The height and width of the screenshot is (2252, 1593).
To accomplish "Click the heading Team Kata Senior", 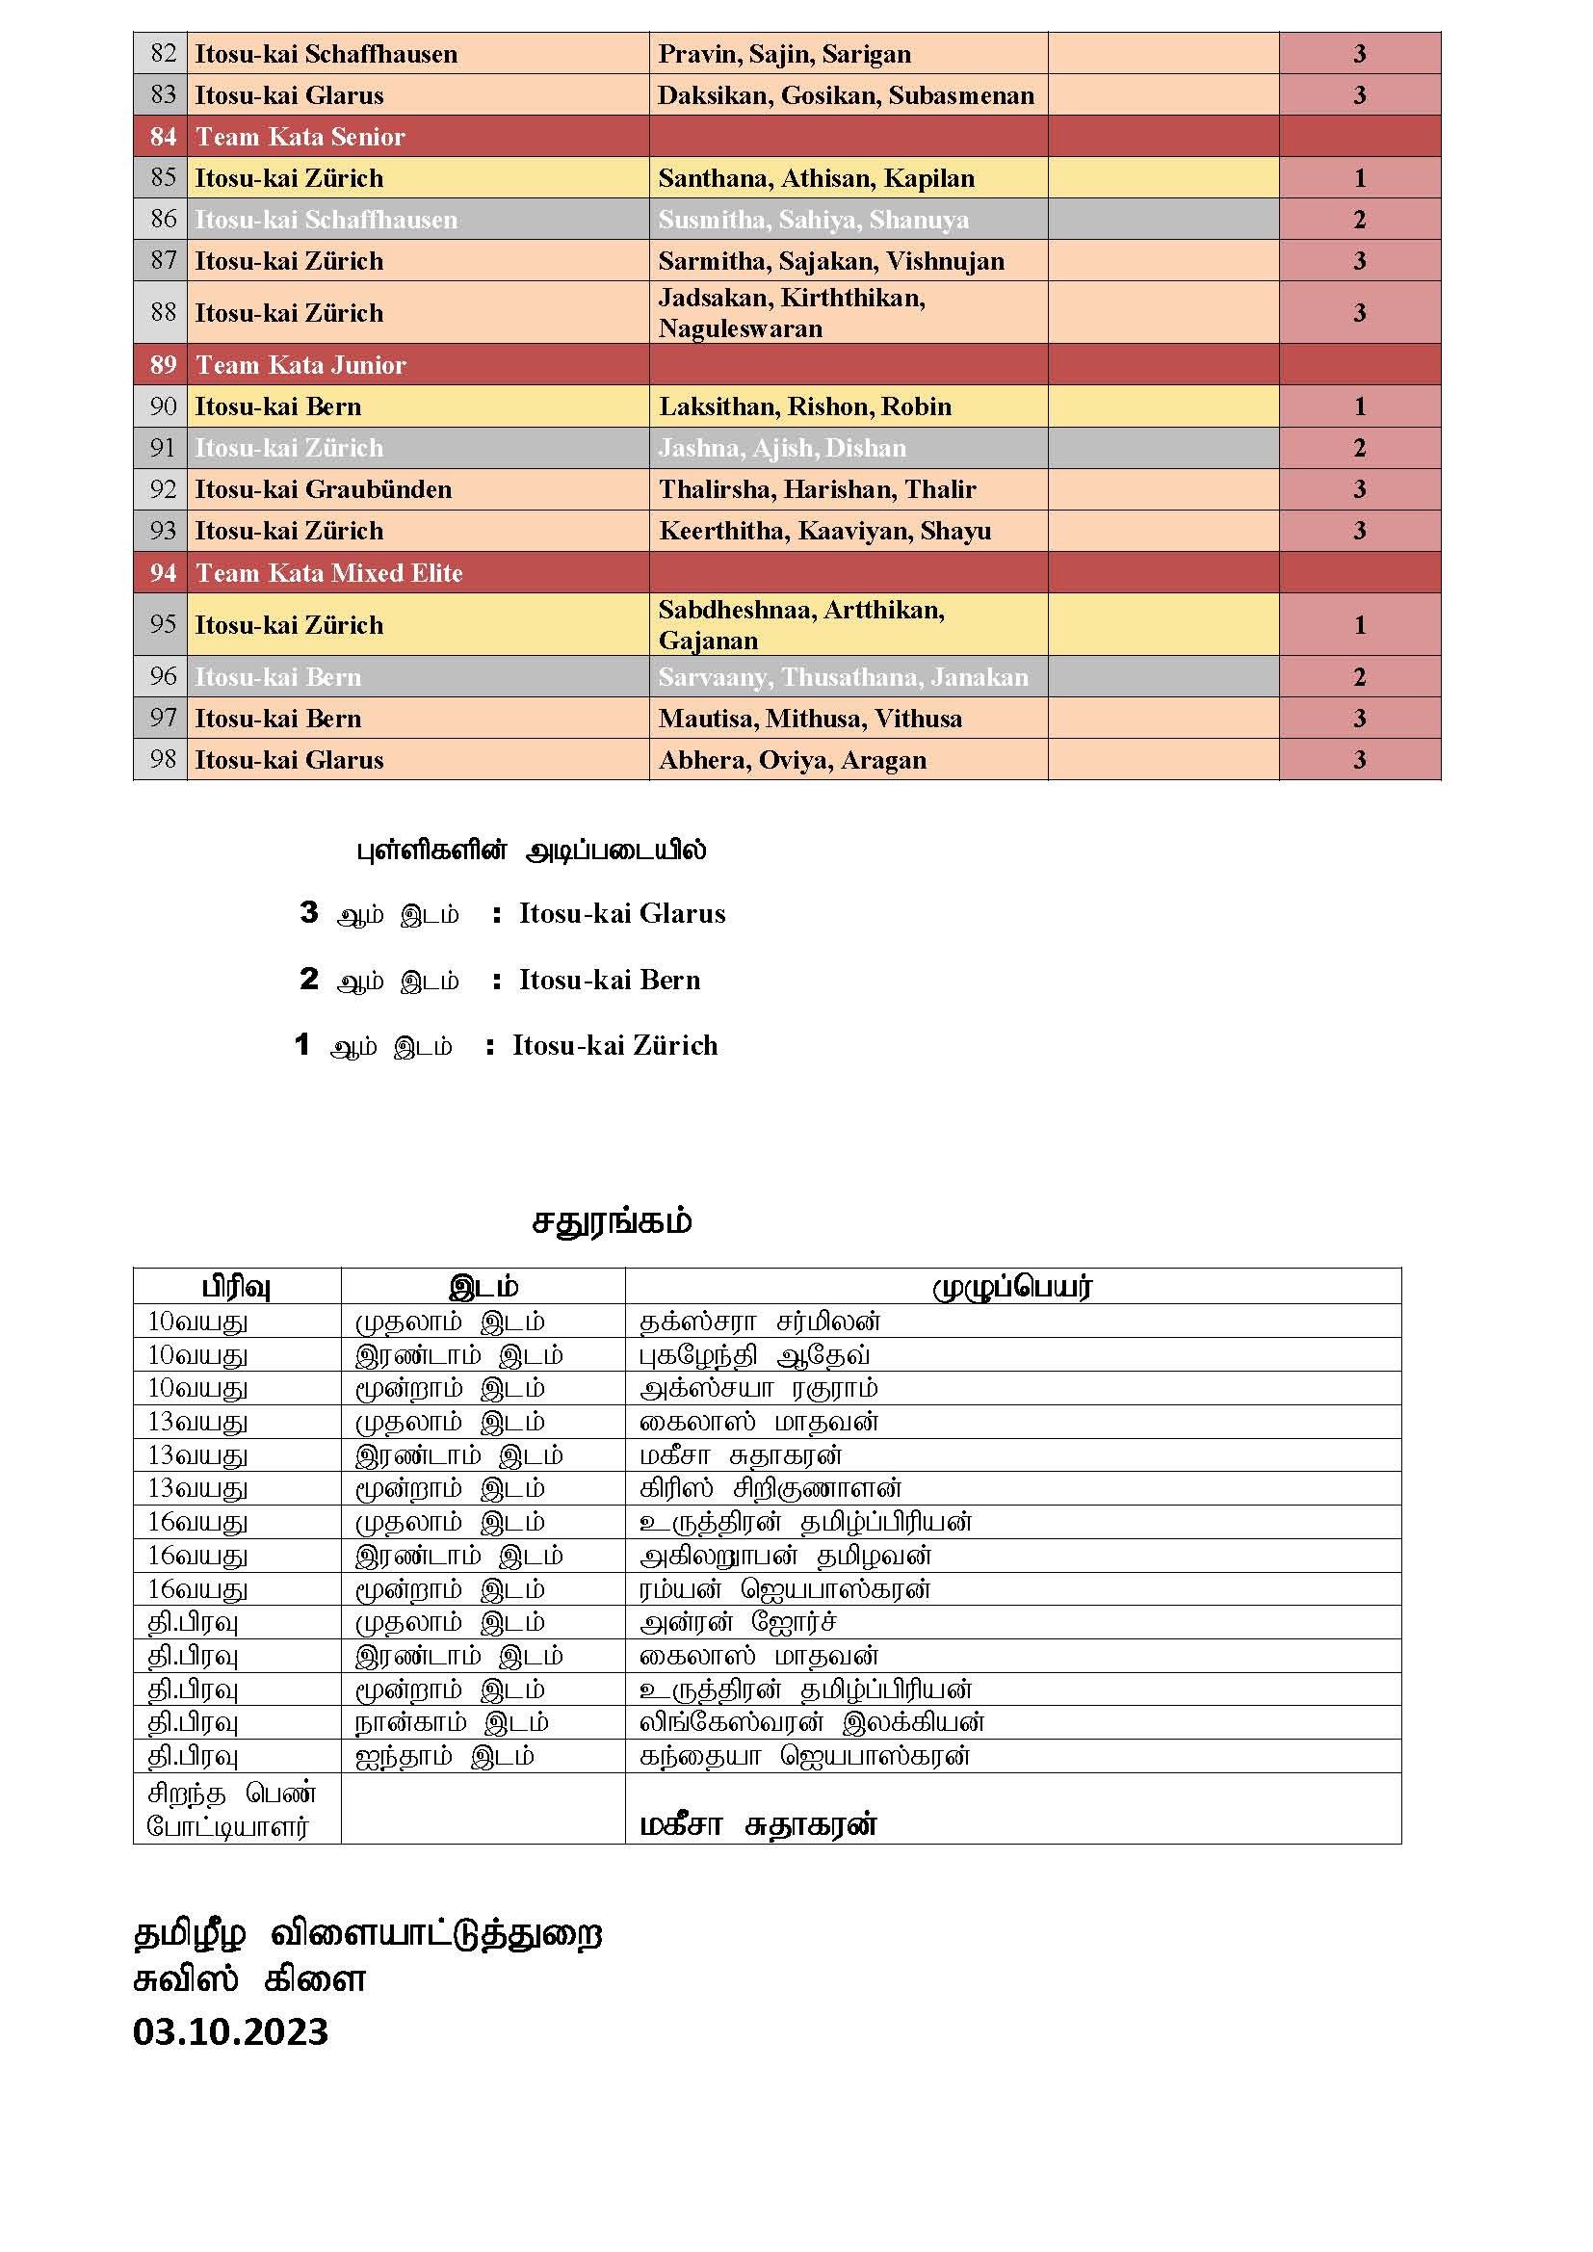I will coord(300,137).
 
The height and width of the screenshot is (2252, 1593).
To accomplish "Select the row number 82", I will coord(163,53).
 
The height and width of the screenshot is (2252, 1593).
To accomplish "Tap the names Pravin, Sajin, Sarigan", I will coord(785,54).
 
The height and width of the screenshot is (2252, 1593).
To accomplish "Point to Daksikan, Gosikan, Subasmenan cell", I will coord(846,95).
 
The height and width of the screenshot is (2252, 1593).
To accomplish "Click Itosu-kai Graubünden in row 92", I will coord(324,489).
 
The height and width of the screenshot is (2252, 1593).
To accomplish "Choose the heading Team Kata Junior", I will coord(300,365).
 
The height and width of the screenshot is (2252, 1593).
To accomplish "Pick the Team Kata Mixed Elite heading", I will coord(328,573).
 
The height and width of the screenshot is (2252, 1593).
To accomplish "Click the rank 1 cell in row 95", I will coord(1360,625).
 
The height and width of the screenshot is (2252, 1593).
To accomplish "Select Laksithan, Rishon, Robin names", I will coord(805,406).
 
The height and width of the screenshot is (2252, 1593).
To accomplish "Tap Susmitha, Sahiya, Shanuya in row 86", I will coord(813,220).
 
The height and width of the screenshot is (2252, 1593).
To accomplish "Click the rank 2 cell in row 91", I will coord(1360,448).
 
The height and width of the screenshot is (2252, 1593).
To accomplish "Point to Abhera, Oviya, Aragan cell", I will coord(793,760).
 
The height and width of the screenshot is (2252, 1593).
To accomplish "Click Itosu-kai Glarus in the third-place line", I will coord(622,914).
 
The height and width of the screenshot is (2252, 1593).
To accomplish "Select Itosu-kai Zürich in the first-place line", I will coord(615,1046).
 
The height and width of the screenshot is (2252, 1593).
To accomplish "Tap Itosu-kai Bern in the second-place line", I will coord(609,980).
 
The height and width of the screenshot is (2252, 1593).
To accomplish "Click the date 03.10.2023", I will coord(230,2031).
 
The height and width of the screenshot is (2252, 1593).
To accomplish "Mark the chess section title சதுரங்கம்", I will coord(613,1222).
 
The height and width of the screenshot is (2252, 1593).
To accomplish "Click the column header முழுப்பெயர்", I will coord(1012,1287).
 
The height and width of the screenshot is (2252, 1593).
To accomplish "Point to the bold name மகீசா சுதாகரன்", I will coord(758,1825).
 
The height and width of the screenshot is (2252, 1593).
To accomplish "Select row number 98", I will coord(163,759).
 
